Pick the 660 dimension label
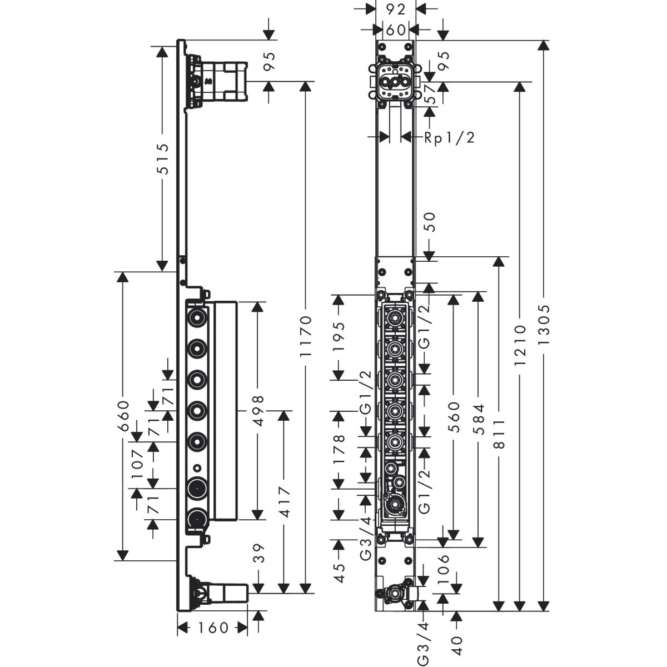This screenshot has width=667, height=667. pyautogui.click(x=123, y=416)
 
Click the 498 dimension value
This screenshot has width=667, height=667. pyautogui.click(x=257, y=410)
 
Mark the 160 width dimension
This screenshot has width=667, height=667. pyautogui.click(x=213, y=628)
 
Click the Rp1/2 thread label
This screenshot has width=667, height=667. pyautogui.click(x=450, y=137)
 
